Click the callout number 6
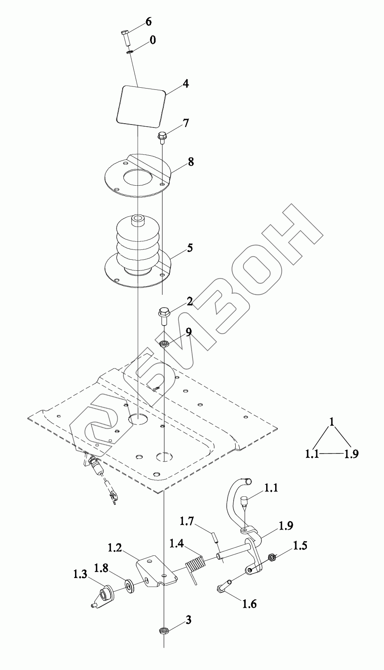pos(149,21)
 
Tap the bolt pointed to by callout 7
pos(162,137)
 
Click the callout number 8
pos(191,162)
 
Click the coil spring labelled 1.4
pos(195,565)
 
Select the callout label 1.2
pos(115,547)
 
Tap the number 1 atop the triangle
pos(331,422)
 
